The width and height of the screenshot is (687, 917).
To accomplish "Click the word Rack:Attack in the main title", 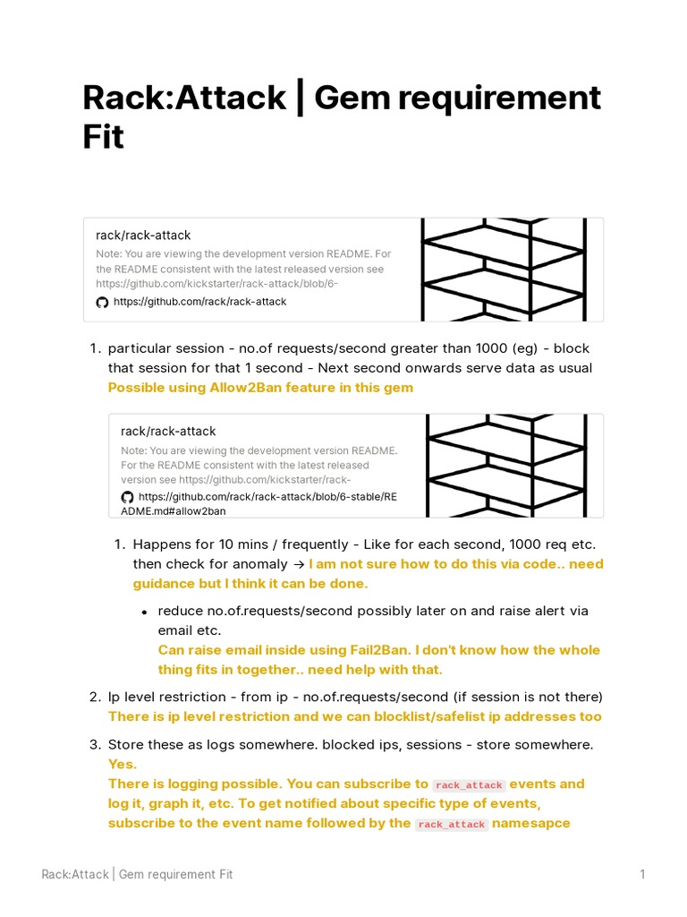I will (x=184, y=98).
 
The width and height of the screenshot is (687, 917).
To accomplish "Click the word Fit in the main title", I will (x=103, y=139).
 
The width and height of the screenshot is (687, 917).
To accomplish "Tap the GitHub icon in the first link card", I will (x=102, y=303).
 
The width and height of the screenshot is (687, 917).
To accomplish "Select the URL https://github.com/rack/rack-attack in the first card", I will (x=199, y=302).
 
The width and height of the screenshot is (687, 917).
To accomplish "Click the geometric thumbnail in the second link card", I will (x=514, y=466).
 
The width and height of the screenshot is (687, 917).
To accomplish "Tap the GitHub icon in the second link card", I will (x=127, y=497).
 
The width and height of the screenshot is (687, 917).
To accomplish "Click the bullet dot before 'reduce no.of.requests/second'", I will (x=145, y=612).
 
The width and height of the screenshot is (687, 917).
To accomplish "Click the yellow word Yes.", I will (x=123, y=764).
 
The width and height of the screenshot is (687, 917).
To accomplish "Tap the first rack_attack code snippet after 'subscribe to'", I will (x=469, y=784).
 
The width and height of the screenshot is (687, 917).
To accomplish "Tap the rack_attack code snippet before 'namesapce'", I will (x=452, y=824).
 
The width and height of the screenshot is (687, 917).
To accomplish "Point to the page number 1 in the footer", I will (x=642, y=874).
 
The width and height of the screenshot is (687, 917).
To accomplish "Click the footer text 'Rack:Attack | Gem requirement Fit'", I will (x=137, y=874).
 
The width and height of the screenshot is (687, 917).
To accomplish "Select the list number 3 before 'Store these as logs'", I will (x=94, y=745).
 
